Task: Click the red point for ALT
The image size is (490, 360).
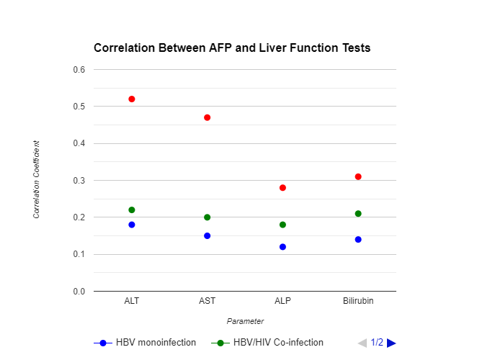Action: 132,99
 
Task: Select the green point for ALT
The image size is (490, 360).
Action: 132,210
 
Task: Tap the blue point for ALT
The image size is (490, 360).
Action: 132,225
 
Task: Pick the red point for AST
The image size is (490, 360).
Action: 208,117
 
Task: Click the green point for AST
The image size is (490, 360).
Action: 208,217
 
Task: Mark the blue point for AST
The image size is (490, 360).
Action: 208,235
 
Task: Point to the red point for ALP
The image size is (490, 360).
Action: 282,187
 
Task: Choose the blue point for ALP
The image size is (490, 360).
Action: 282,247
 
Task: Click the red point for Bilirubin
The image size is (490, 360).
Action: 358,176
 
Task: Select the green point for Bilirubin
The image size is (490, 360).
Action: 358,213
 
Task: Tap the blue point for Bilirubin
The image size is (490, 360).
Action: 358,239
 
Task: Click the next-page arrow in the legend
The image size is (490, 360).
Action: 391,343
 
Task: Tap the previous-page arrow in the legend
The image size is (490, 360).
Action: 362,343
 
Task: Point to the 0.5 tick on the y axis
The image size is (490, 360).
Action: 79,107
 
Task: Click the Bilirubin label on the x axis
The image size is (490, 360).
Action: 358,300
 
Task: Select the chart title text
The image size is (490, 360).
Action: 232,48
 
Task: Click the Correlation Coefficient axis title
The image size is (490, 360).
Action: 36,180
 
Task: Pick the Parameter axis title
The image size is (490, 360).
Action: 245,321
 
